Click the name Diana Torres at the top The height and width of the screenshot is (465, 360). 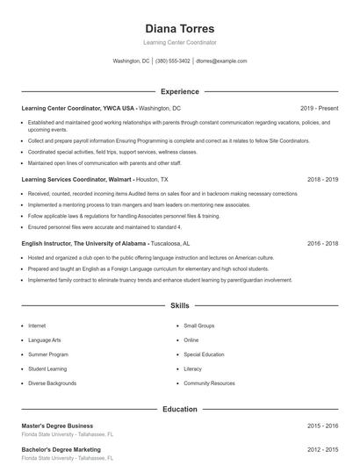click(x=179, y=28)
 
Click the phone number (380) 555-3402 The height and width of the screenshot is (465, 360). click(x=172, y=61)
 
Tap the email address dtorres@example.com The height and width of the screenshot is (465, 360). click(x=221, y=61)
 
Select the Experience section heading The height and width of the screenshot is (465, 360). click(x=179, y=91)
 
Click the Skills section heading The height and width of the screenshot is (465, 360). click(x=179, y=306)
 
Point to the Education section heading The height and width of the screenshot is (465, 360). click(x=179, y=409)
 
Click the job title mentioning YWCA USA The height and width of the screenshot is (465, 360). click(x=78, y=108)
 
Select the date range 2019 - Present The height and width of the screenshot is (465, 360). click(x=319, y=108)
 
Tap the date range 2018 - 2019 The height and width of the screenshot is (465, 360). click(x=322, y=179)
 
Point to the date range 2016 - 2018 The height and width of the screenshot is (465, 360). click(x=322, y=243)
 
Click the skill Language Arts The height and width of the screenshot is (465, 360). click(x=45, y=340)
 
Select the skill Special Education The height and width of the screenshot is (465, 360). click(x=205, y=354)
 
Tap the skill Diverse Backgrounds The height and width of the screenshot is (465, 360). click(x=52, y=383)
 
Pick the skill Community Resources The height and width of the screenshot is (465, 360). click(x=209, y=383)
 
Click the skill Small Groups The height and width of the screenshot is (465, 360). click(x=199, y=325)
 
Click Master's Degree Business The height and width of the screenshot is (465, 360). click(x=57, y=426)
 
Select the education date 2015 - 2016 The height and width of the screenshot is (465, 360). click(x=322, y=426)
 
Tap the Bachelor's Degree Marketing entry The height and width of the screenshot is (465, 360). click(x=61, y=449)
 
